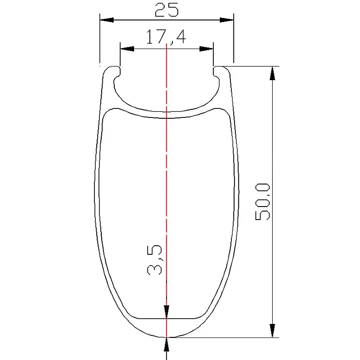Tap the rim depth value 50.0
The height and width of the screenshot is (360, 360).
point(263,201)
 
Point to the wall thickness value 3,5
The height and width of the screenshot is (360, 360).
point(154,260)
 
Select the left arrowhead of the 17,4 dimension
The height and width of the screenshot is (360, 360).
point(126,49)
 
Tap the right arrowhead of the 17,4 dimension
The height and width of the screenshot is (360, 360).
point(207,49)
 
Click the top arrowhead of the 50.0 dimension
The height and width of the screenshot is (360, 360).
point(272,73)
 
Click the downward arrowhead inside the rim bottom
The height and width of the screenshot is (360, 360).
point(166,312)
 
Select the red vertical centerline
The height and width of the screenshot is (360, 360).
point(166,180)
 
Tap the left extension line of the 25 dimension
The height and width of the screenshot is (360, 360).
point(99,40)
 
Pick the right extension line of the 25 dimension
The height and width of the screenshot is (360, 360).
point(234,40)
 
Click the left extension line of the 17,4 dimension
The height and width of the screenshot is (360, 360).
point(120,56)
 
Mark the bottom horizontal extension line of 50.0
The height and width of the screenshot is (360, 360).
point(225,337)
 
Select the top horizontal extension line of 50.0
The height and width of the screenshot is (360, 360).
point(252,66)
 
